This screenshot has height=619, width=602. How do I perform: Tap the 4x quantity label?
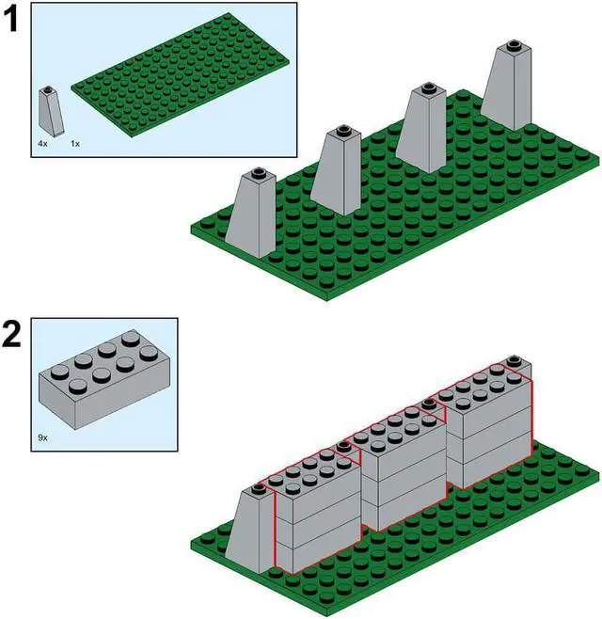(43, 144)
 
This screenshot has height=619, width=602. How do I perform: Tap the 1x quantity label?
(75, 144)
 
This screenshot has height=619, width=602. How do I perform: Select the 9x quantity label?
(44, 436)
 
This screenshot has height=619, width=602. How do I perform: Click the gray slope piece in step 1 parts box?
(50, 111)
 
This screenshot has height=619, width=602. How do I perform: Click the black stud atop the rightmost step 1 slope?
(512, 44)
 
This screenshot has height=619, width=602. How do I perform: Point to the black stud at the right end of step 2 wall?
(513, 360)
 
